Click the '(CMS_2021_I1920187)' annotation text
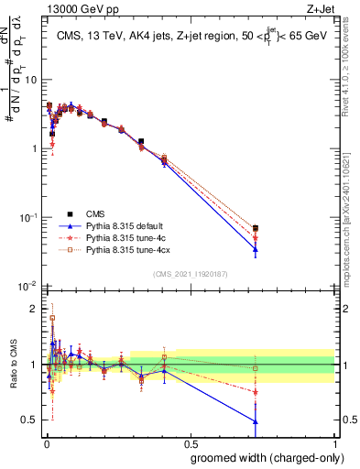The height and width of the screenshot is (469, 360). tap(191, 273)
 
